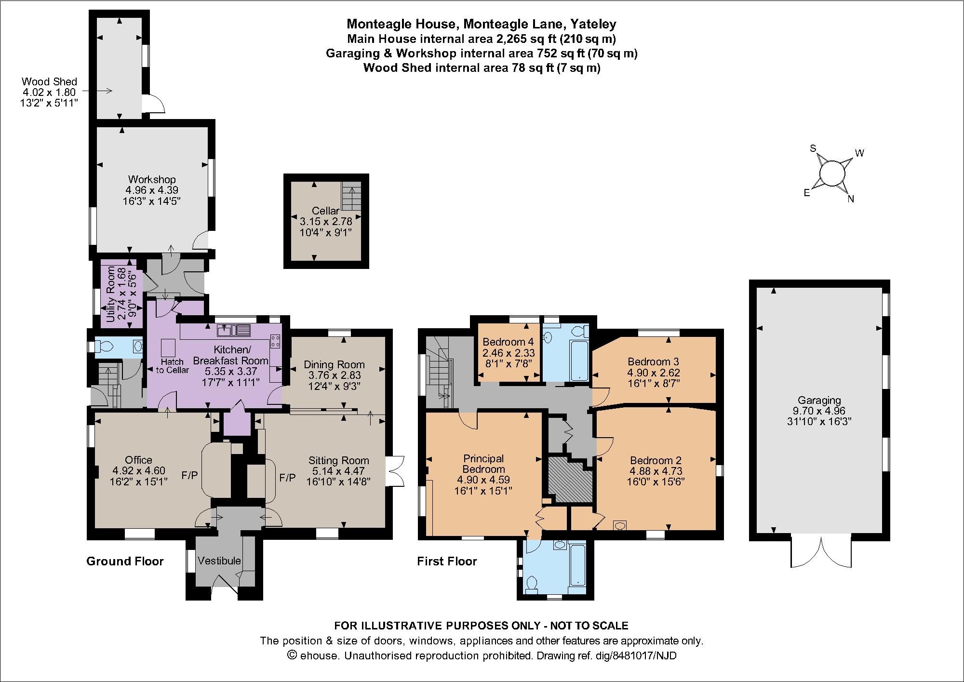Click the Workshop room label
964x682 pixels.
tap(151, 180)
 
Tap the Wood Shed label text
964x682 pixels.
tap(49, 82)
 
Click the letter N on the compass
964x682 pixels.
tap(851, 199)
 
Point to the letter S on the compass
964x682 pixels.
tap(813, 148)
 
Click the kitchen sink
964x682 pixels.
tap(234, 331)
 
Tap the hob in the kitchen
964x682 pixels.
tap(276, 341)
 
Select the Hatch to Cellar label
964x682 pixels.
tap(172, 366)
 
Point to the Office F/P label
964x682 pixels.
tap(189, 476)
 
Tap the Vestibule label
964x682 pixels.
tap(219, 561)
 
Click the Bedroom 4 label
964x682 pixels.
tap(509, 342)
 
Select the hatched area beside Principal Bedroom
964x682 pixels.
tap(570, 480)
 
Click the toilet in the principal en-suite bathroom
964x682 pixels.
tap(533, 584)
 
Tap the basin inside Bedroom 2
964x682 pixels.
tap(620, 525)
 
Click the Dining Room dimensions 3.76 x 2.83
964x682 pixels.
tap(334, 375)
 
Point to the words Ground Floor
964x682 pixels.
tap(125, 561)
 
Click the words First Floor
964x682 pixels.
tap(447, 561)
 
